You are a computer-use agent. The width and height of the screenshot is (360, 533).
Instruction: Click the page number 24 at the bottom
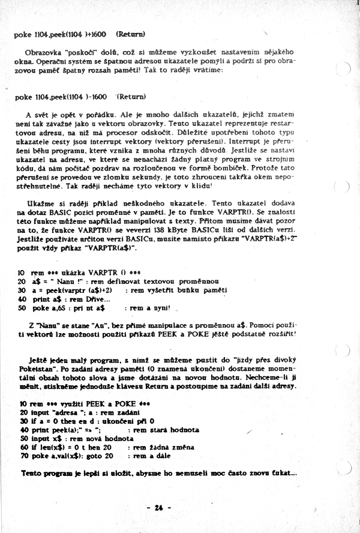(x=159, y=507)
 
